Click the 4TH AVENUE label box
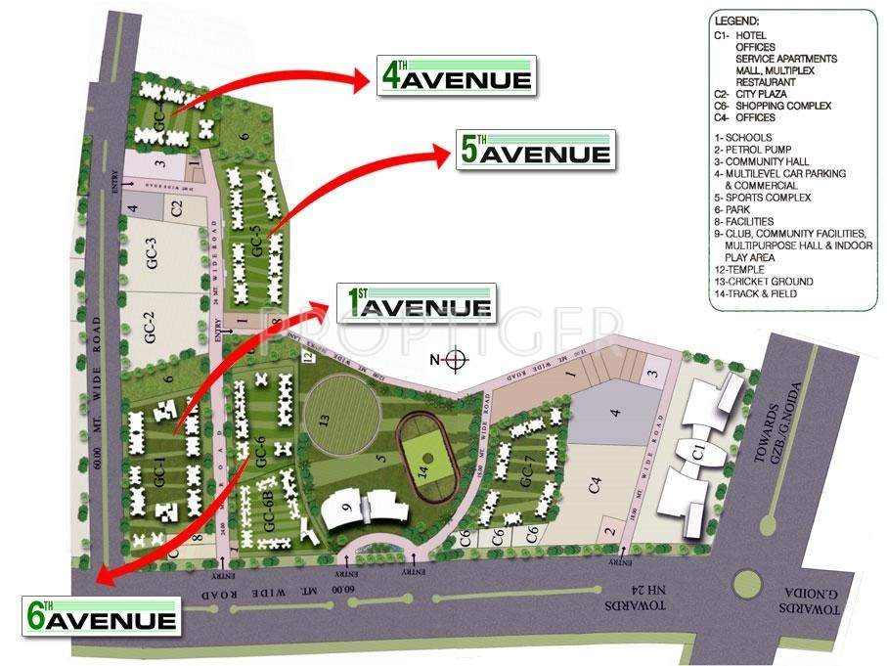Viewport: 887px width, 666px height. click(x=456, y=77)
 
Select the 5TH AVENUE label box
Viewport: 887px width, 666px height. click(x=535, y=152)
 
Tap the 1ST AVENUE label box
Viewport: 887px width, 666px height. click(x=415, y=304)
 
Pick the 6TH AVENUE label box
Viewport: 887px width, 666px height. click(x=101, y=616)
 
